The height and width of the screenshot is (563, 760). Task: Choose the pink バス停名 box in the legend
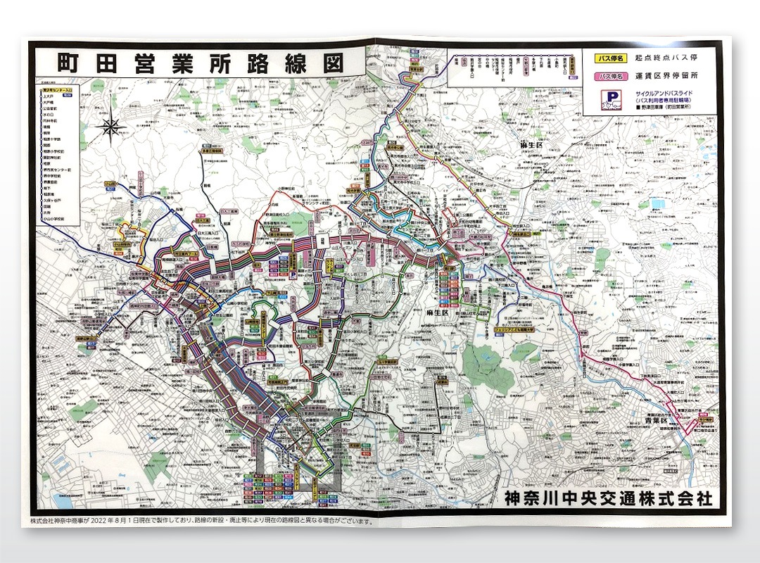(x=609, y=75)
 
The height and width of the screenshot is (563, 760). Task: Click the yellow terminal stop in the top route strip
(x=572, y=69)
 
